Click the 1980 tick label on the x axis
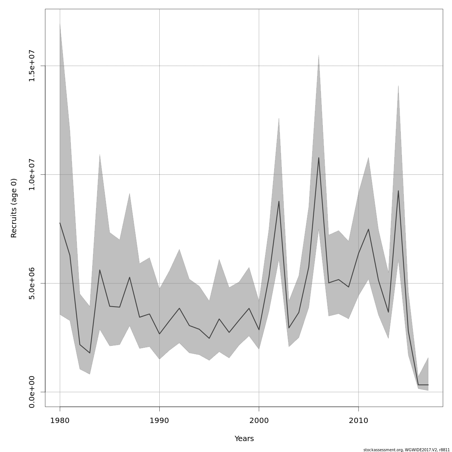click(x=60, y=420)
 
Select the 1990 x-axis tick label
click(x=159, y=420)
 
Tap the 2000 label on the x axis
click(x=259, y=420)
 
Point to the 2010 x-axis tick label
click(x=358, y=420)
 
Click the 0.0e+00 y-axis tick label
click(x=32, y=392)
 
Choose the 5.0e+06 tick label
click(x=32, y=283)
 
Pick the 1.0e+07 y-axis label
click(x=32, y=174)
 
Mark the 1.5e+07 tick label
click(x=32, y=66)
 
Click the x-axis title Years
click(x=244, y=439)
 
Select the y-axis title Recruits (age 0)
click(x=14, y=208)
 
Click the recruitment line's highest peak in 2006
click(x=319, y=158)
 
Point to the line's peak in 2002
click(x=279, y=201)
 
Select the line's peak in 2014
click(x=398, y=191)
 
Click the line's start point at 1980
click(x=60, y=223)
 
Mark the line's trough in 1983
click(x=90, y=353)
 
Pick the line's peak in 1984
click(x=99, y=270)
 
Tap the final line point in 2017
click(x=428, y=385)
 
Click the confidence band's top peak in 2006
click(x=319, y=55)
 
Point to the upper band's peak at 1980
click(x=60, y=24)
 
